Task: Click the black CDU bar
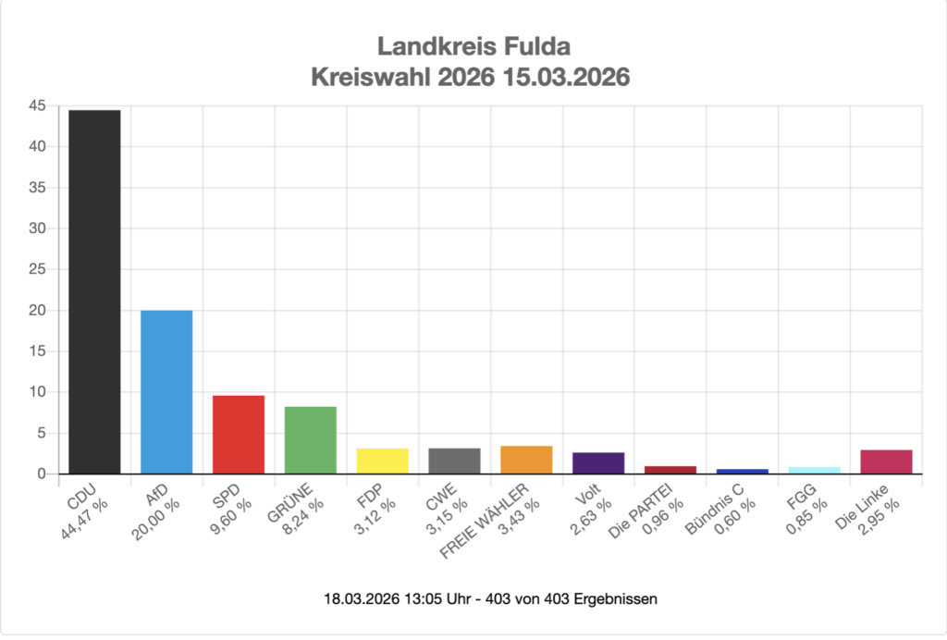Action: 94,291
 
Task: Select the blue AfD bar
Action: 166,392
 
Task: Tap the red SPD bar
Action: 239,435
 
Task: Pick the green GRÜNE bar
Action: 311,440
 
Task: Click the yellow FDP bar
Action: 383,462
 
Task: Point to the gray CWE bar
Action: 455,462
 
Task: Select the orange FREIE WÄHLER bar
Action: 527,461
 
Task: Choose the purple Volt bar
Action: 599,463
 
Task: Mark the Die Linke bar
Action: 887,462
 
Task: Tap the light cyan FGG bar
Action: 815,471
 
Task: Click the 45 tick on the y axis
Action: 37,106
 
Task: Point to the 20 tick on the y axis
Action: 37,311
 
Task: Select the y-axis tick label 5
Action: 41,433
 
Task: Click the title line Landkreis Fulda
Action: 473,46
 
